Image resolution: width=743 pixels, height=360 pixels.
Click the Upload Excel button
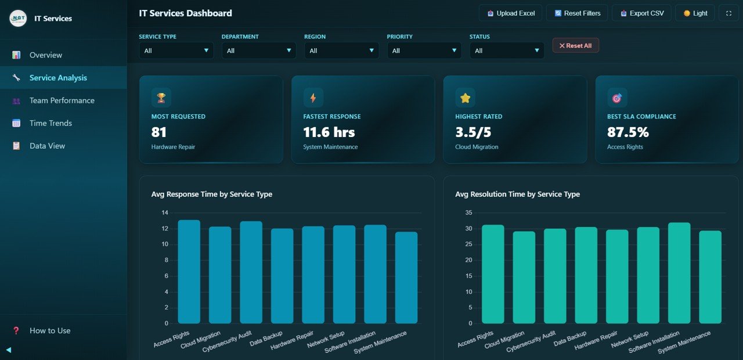tap(511, 13)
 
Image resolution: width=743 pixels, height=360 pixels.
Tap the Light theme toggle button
tap(695, 13)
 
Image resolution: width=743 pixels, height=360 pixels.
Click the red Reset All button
tap(575, 45)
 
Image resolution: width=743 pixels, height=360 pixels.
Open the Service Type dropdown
tap(176, 51)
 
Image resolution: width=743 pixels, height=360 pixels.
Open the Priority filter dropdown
tap(424, 51)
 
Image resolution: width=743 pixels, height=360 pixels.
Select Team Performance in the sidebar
tap(62, 100)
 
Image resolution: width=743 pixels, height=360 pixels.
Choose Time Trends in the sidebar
tap(51, 123)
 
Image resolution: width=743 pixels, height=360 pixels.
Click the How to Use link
tap(50, 330)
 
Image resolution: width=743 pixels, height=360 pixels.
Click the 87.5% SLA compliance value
tap(628, 132)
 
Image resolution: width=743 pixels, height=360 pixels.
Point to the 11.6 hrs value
tap(329, 132)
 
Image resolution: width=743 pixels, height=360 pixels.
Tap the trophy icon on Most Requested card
tap(161, 98)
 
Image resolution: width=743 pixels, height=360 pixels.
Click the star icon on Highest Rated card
tap(465, 98)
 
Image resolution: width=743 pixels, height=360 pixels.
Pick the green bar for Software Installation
tap(679, 273)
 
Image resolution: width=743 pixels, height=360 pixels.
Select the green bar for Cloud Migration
tap(524, 277)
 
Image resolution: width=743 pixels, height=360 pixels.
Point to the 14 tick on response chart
tap(164, 213)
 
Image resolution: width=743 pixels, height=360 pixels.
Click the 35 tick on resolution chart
tap(469, 213)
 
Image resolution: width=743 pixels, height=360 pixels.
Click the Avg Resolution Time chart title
tap(517, 194)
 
